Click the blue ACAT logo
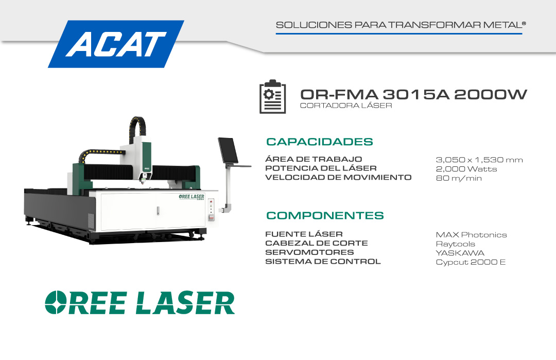[116, 44]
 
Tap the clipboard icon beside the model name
[273, 96]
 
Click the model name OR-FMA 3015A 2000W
[413, 94]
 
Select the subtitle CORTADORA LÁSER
[346, 106]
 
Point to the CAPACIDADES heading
[320, 142]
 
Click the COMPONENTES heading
[325, 215]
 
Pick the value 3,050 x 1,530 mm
[479, 160]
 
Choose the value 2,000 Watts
[466, 169]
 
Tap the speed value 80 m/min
[459, 178]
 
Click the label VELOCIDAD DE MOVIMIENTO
[338, 177]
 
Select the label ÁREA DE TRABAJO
[314, 159]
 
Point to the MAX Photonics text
[471, 235]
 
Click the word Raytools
[455, 244]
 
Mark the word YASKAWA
[460, 253]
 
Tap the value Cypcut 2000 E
[471, 262]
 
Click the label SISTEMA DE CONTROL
[323, 262]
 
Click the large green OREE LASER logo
[140, 302]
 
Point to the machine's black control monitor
[228, 150]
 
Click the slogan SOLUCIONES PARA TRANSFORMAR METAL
[401, 25]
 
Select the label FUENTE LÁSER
[304, 234]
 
